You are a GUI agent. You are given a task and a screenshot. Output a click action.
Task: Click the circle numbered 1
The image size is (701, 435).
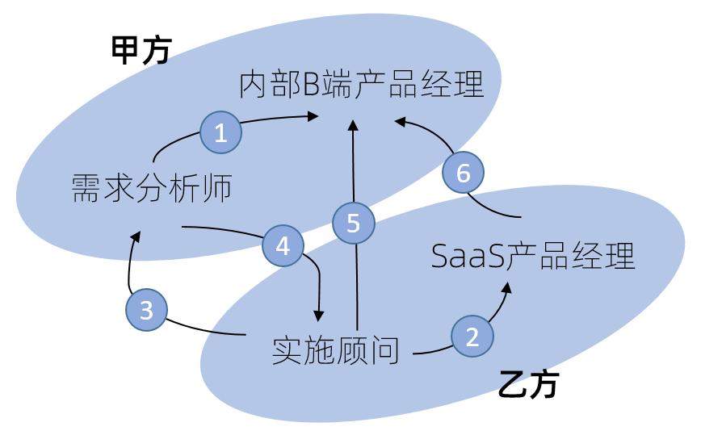point(220,132)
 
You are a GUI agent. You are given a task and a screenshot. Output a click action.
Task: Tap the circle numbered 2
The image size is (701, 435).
point(472,336)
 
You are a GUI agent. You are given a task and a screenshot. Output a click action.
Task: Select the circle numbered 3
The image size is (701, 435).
point(147,309)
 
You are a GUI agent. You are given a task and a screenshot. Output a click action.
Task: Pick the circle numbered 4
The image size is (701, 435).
point(283,245)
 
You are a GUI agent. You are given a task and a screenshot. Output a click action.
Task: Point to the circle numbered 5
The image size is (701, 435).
point(353,223)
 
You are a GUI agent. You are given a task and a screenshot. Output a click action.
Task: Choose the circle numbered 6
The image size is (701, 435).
point(464,173)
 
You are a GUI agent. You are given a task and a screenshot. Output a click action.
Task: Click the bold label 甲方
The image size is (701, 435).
point(141,50)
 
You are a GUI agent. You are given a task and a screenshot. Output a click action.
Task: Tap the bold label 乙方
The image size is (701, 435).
point(528,383)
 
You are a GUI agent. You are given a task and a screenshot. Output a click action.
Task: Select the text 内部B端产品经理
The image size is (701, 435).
point(362,84)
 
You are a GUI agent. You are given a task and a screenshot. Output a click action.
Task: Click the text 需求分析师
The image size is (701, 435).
point(152,187)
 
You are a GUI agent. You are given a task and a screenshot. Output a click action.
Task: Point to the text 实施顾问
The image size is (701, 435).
point(335,350)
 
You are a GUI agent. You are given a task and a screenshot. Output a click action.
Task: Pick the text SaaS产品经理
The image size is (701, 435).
point(533,256)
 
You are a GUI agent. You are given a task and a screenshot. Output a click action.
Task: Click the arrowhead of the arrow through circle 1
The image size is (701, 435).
point(313,116)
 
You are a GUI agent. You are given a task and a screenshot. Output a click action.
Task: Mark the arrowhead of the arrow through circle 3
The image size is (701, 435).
point(136,236)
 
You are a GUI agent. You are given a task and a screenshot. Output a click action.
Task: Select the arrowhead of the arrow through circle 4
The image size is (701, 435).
point(318,316)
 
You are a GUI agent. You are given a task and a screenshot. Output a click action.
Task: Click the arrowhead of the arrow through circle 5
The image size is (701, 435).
point(353,125)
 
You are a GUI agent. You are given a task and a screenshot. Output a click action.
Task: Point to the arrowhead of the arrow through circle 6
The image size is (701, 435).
point(400,122)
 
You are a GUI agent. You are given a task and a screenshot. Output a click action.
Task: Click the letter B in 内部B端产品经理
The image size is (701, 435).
point(311,85)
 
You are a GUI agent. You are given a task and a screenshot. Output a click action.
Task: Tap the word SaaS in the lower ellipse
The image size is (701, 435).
point(468,256)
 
